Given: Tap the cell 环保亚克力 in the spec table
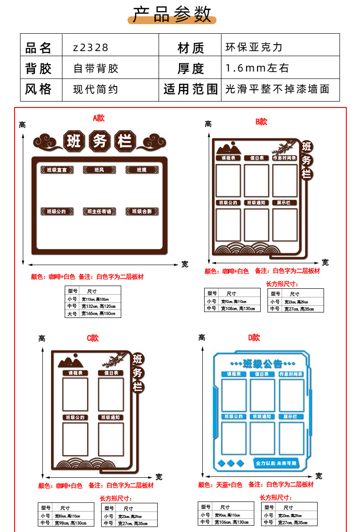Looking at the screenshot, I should [254, 47].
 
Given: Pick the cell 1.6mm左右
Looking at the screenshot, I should [257, 68].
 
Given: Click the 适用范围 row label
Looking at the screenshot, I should [190, 89].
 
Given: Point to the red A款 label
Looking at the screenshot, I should [98, 118].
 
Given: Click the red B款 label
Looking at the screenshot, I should [261, 122].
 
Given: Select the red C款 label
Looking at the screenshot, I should [93, 338].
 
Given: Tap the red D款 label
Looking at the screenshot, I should [254, 338].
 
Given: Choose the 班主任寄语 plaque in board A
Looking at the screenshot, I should [99, 211].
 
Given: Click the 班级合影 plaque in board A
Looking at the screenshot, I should [142, 211].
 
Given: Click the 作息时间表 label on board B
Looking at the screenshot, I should [284, 158].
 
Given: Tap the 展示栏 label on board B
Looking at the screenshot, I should [284, 203].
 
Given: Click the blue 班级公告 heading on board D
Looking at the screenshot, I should [262, 363].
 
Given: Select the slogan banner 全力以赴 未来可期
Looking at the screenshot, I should [275, 463].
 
